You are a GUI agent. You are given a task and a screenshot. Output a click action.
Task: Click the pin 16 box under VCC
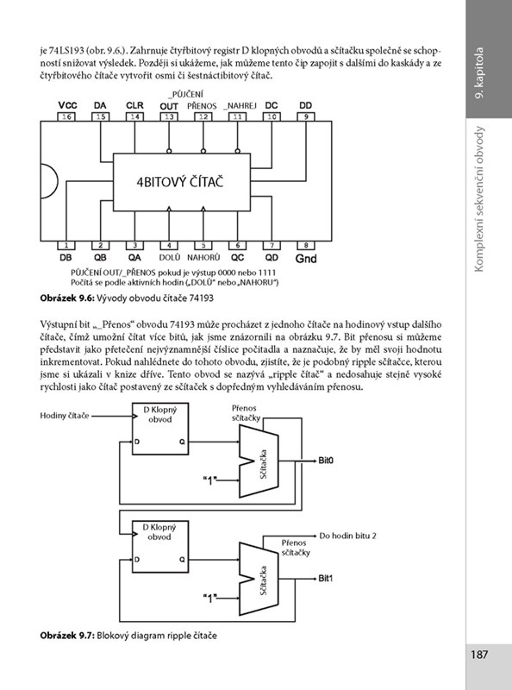point(67,116)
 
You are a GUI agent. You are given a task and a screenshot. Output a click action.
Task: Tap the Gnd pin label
point(306,258)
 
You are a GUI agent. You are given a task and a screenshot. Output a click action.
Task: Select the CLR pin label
point(134,105)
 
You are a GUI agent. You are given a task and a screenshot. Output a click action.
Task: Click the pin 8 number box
point(306,246)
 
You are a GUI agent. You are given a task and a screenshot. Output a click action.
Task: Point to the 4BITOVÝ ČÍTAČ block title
point(179,182)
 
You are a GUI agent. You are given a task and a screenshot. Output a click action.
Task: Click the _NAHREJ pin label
point(240,105)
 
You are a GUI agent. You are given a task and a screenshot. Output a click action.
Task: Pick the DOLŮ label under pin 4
point(169,257)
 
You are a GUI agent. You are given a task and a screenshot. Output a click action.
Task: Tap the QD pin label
point(272,257)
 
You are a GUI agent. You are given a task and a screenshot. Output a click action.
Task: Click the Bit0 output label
point(326,461)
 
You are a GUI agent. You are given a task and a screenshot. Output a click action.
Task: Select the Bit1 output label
point(326,578)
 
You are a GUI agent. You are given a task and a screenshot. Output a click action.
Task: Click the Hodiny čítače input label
point(65,416)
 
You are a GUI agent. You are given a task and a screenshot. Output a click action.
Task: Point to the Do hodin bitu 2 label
point(348,536)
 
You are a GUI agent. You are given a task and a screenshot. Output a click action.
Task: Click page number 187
point(479,655)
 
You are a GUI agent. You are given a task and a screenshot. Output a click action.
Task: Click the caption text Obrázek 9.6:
point(67,298)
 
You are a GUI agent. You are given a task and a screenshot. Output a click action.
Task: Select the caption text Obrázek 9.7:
point(67,636)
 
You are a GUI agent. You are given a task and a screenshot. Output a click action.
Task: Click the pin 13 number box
point(169,116)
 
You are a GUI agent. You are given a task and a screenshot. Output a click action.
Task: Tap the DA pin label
point(100,105)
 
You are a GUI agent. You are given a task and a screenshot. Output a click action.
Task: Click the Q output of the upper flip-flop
point(182,442)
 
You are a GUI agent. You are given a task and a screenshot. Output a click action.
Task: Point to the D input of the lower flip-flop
point(137,559)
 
